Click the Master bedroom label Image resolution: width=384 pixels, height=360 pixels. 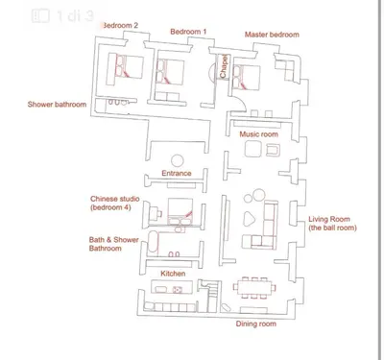272,35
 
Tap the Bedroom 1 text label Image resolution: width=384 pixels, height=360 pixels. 188,32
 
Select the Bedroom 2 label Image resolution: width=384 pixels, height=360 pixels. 120,25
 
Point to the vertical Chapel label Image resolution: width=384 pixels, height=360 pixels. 223,66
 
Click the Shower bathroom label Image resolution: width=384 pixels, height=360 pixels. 57,105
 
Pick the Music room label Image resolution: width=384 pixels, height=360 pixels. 259,134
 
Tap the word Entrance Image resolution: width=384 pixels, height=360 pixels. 177,173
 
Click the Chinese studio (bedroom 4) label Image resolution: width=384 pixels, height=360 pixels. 115,203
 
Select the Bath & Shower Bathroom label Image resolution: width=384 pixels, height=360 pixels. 113,244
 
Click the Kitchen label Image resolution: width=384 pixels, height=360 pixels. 173,274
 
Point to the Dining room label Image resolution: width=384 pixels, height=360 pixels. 256,324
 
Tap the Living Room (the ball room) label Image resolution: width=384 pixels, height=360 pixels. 332,224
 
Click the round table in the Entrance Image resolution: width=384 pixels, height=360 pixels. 178,161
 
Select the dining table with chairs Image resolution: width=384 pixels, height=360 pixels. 254,287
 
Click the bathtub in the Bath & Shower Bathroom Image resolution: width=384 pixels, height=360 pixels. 153,243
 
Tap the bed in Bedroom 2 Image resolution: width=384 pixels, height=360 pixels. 130,66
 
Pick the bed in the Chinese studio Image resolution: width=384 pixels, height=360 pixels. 180,211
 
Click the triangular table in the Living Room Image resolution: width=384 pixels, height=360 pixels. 249,219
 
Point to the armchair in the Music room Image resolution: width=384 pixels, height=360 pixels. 273,150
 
